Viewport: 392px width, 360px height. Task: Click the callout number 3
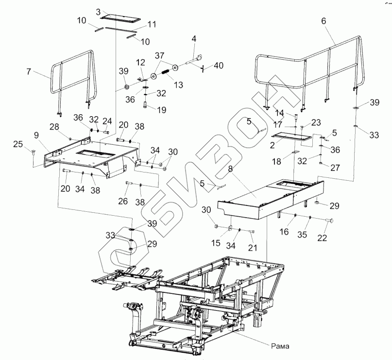tap(98, 11)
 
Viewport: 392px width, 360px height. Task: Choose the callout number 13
tap(178, 85)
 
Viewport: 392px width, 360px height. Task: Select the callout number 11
tap(152, 24)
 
